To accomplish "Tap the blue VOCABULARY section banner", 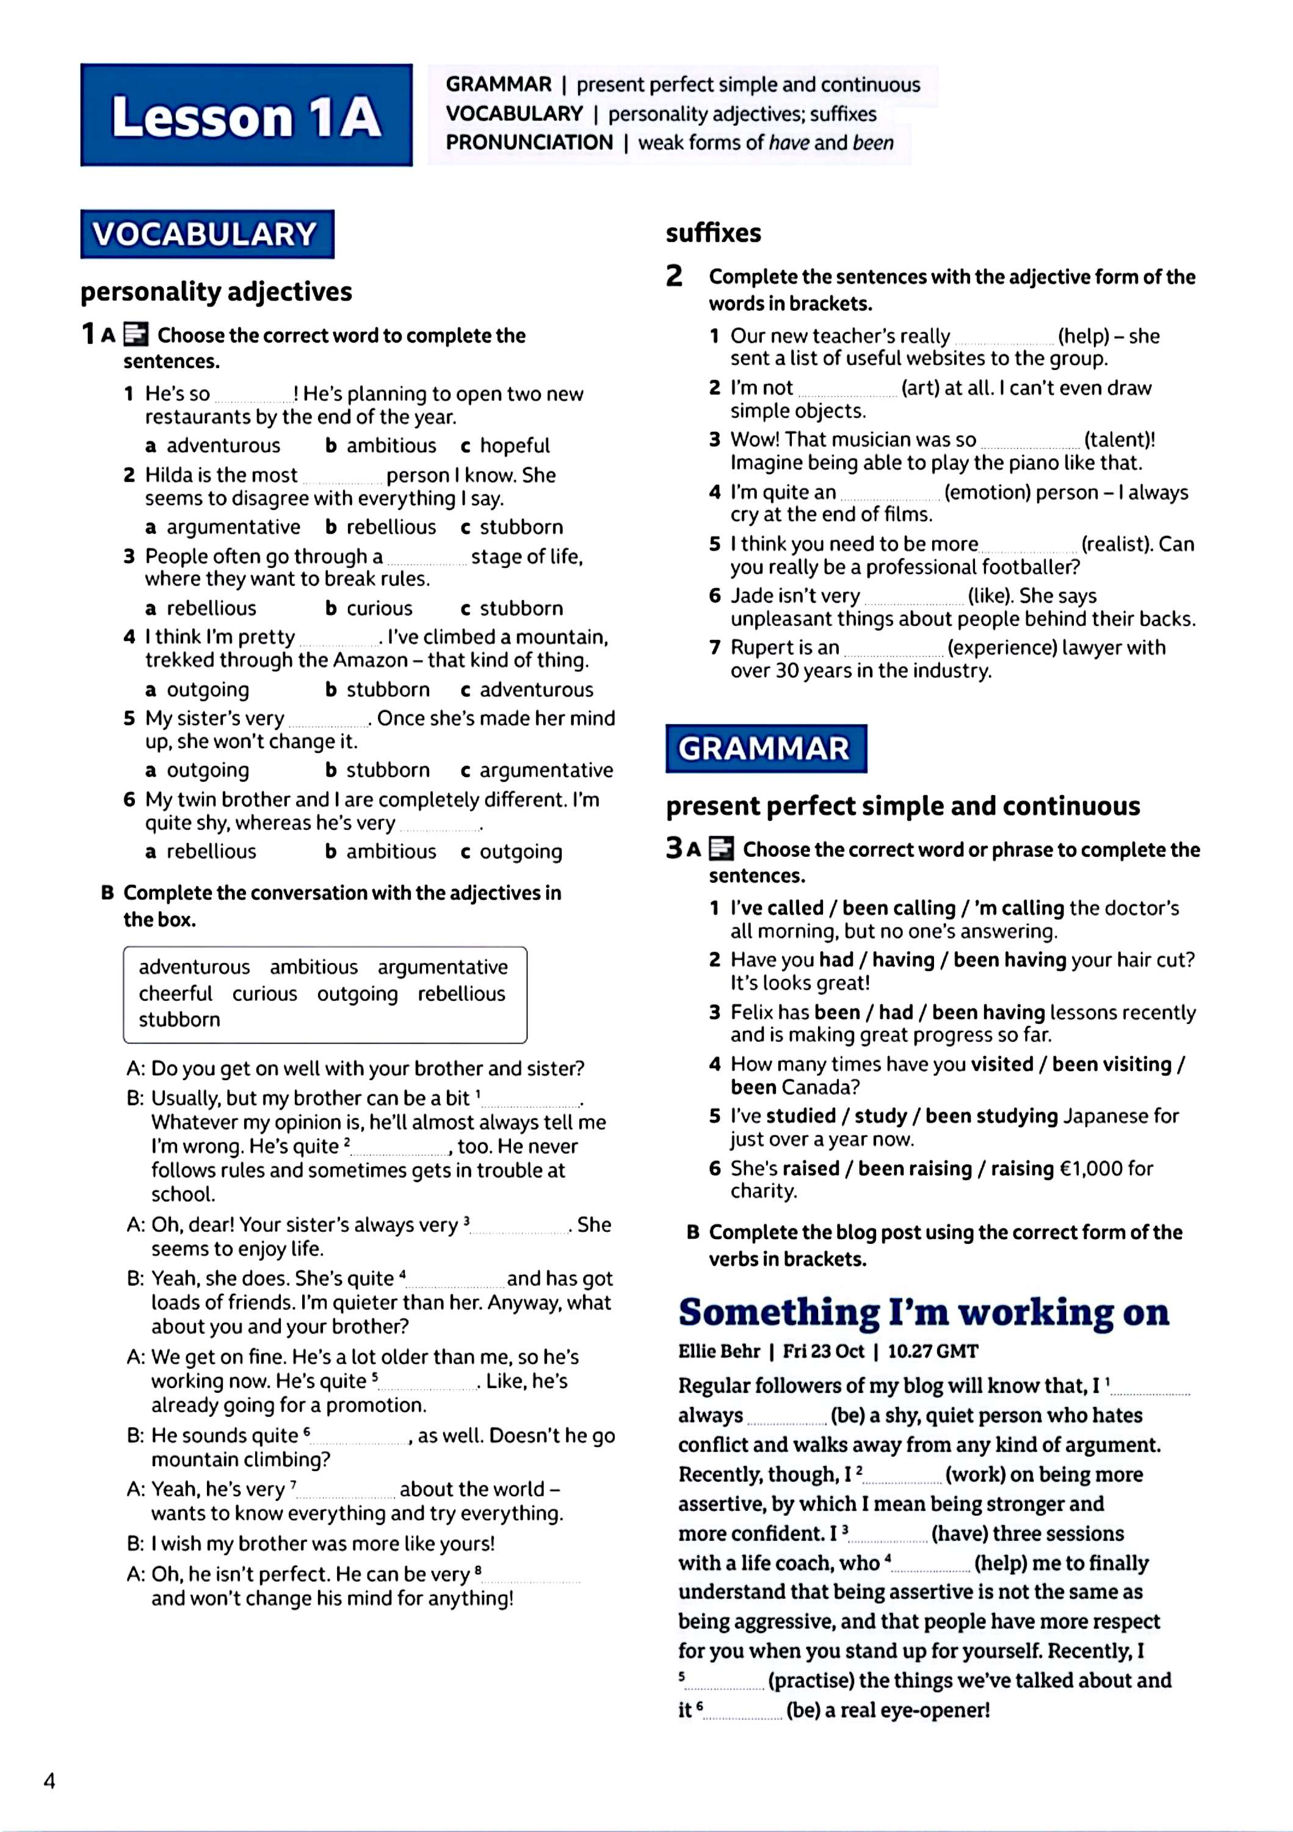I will (x=206, y=234).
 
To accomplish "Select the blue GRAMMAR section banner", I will (x=765, y=749).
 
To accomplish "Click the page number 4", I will (x=49, y=1781).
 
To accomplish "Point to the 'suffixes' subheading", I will (x=713, y=233).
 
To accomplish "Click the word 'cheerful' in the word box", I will (x=175, y=994).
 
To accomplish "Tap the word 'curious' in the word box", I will (x=264, y=994).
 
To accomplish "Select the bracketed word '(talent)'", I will (x=1119, y=440).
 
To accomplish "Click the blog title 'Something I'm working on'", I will (x=923, y=1312).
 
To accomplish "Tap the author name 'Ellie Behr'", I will (x=719, y=1351).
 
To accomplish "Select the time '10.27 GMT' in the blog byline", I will (x=932, y=1351).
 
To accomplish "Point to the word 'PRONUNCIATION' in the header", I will (x=529, y=143).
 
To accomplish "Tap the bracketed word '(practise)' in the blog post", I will (x=811, y=1681).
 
